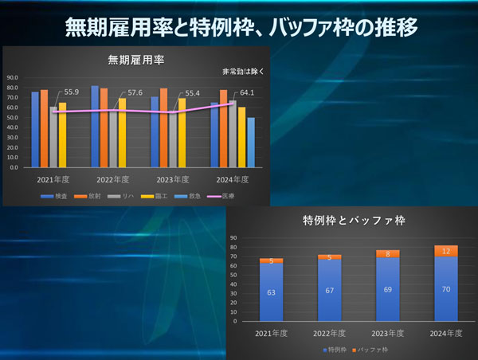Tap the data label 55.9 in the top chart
[70, 92]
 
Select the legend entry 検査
[56, 196]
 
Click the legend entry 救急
[190, 196]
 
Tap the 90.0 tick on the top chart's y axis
[14, 78]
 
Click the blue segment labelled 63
[271, 292]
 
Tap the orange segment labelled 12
[445, 251]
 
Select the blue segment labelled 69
[387, 290]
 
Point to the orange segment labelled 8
[387, 254]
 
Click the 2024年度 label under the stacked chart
[445, 334]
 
